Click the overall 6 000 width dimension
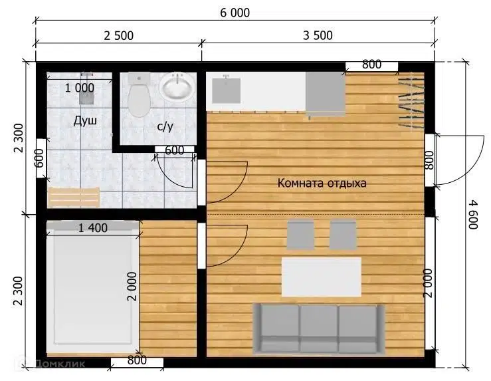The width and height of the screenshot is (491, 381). pyautogui.click(x=235, y=13)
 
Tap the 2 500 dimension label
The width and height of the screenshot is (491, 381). pyautogui.click(x=119, y=36)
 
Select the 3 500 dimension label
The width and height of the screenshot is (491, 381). pyautogui.click(x=318, y=35)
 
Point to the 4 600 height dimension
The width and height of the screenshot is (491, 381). pyautogui.click(x=473, y=215)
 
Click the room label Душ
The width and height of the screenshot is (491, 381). pyautogui.click(x=85, y=120)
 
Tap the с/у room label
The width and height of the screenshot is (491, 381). pyautogui.click(x=165, y=126)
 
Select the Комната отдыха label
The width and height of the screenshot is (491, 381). pyautogui.click(x=322, y=183)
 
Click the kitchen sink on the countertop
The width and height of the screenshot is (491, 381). pyautogui.click(x=227, y=90)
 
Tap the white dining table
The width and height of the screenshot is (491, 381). pyautogui.click(x=322, y=277)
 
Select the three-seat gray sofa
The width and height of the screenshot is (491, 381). pyautogui.click(x=319, y=328)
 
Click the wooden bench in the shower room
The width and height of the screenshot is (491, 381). pyautogui.click(x=73, y=197)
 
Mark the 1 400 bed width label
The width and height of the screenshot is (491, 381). pyautogui.click(x=93, y=228)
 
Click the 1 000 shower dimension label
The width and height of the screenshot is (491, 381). pyautogui.click(x=80, y=88)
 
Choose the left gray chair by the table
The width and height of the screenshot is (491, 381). pyautogui.click(x=300, y=235)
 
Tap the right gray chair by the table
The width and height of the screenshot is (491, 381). pyautogui.click(x=344, y=235)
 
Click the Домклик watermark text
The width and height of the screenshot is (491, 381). pyautogui.click(x=60, y=364)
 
